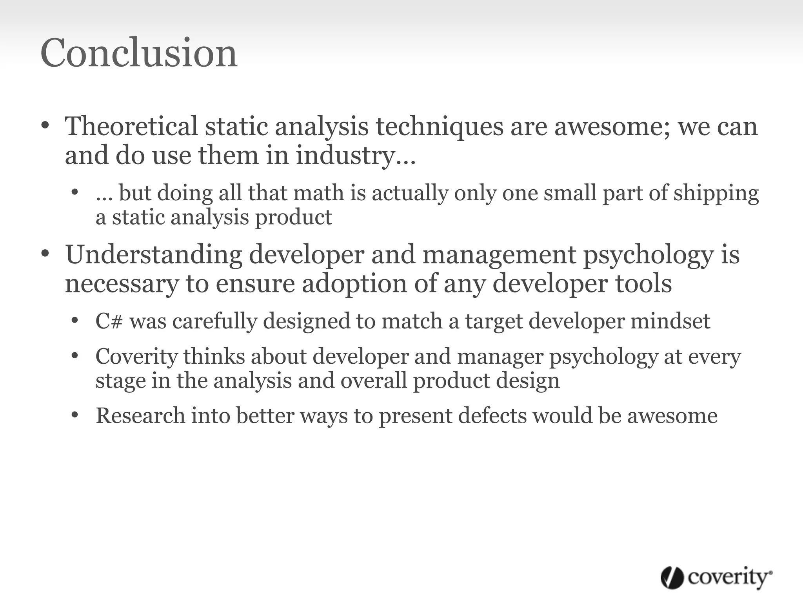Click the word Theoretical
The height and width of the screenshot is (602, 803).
131,126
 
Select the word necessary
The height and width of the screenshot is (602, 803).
122,284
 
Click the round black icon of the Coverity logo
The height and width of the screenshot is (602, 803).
672,578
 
